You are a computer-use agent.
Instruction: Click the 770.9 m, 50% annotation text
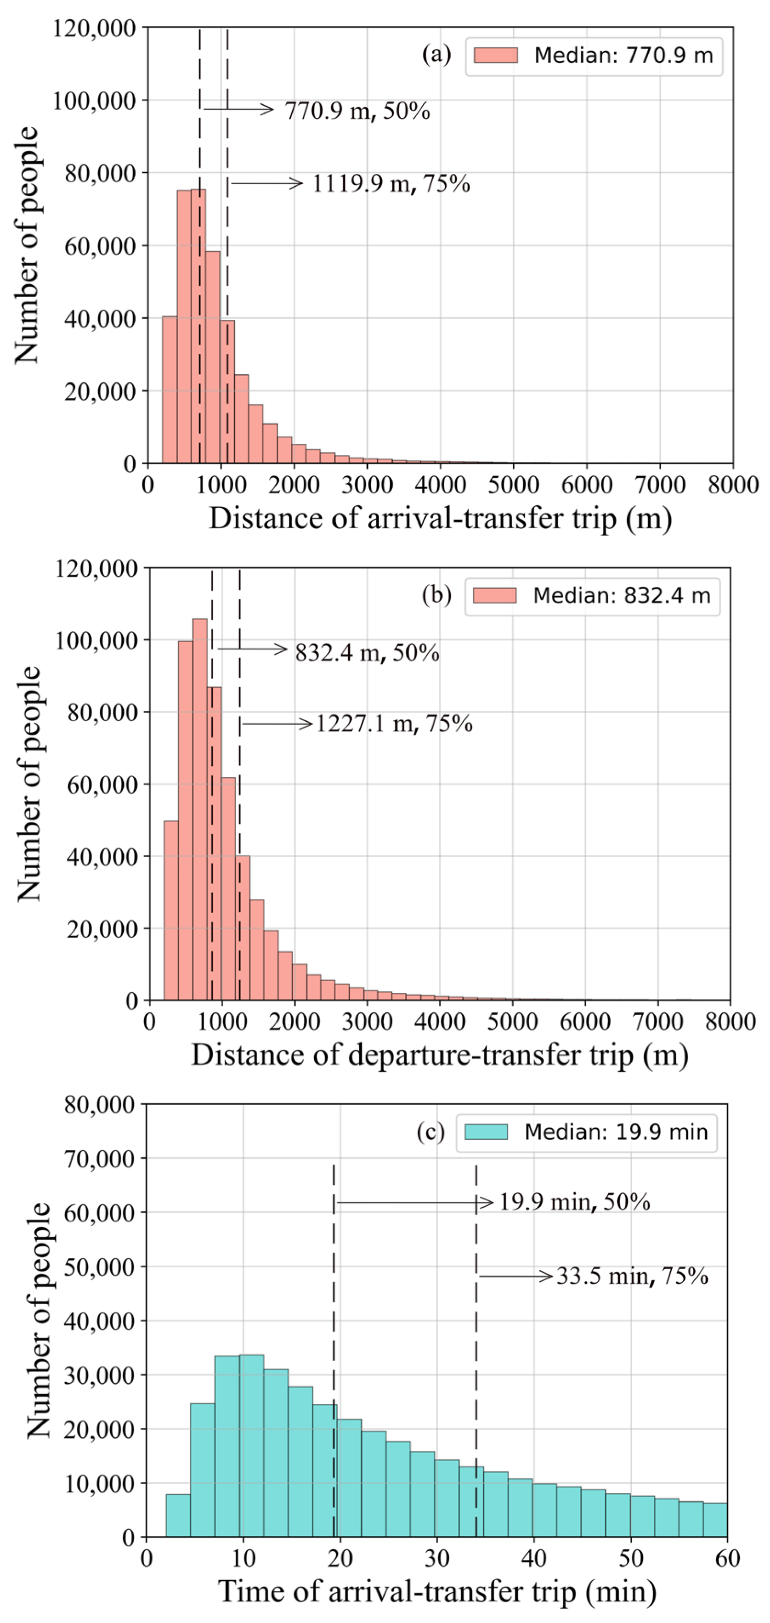click(357, 112)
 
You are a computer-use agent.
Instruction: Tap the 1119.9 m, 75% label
click(391, 184)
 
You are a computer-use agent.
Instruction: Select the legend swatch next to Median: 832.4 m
click(495, 595)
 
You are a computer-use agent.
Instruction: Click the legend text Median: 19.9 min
click(616, 1132)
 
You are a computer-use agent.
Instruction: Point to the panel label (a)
click(436, 55)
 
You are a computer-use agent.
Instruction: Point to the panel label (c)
click(430, 1132)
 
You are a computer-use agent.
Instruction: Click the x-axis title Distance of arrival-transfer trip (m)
click(441, 519)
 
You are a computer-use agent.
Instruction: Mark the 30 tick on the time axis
click(436, 1558)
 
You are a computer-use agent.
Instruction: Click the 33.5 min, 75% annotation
click(632, 1277)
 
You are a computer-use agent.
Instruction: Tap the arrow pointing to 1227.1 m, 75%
click(277, 724)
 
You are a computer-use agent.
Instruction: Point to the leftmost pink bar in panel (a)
click(170, 390)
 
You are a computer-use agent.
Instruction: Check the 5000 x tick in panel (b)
click(512, 1021)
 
